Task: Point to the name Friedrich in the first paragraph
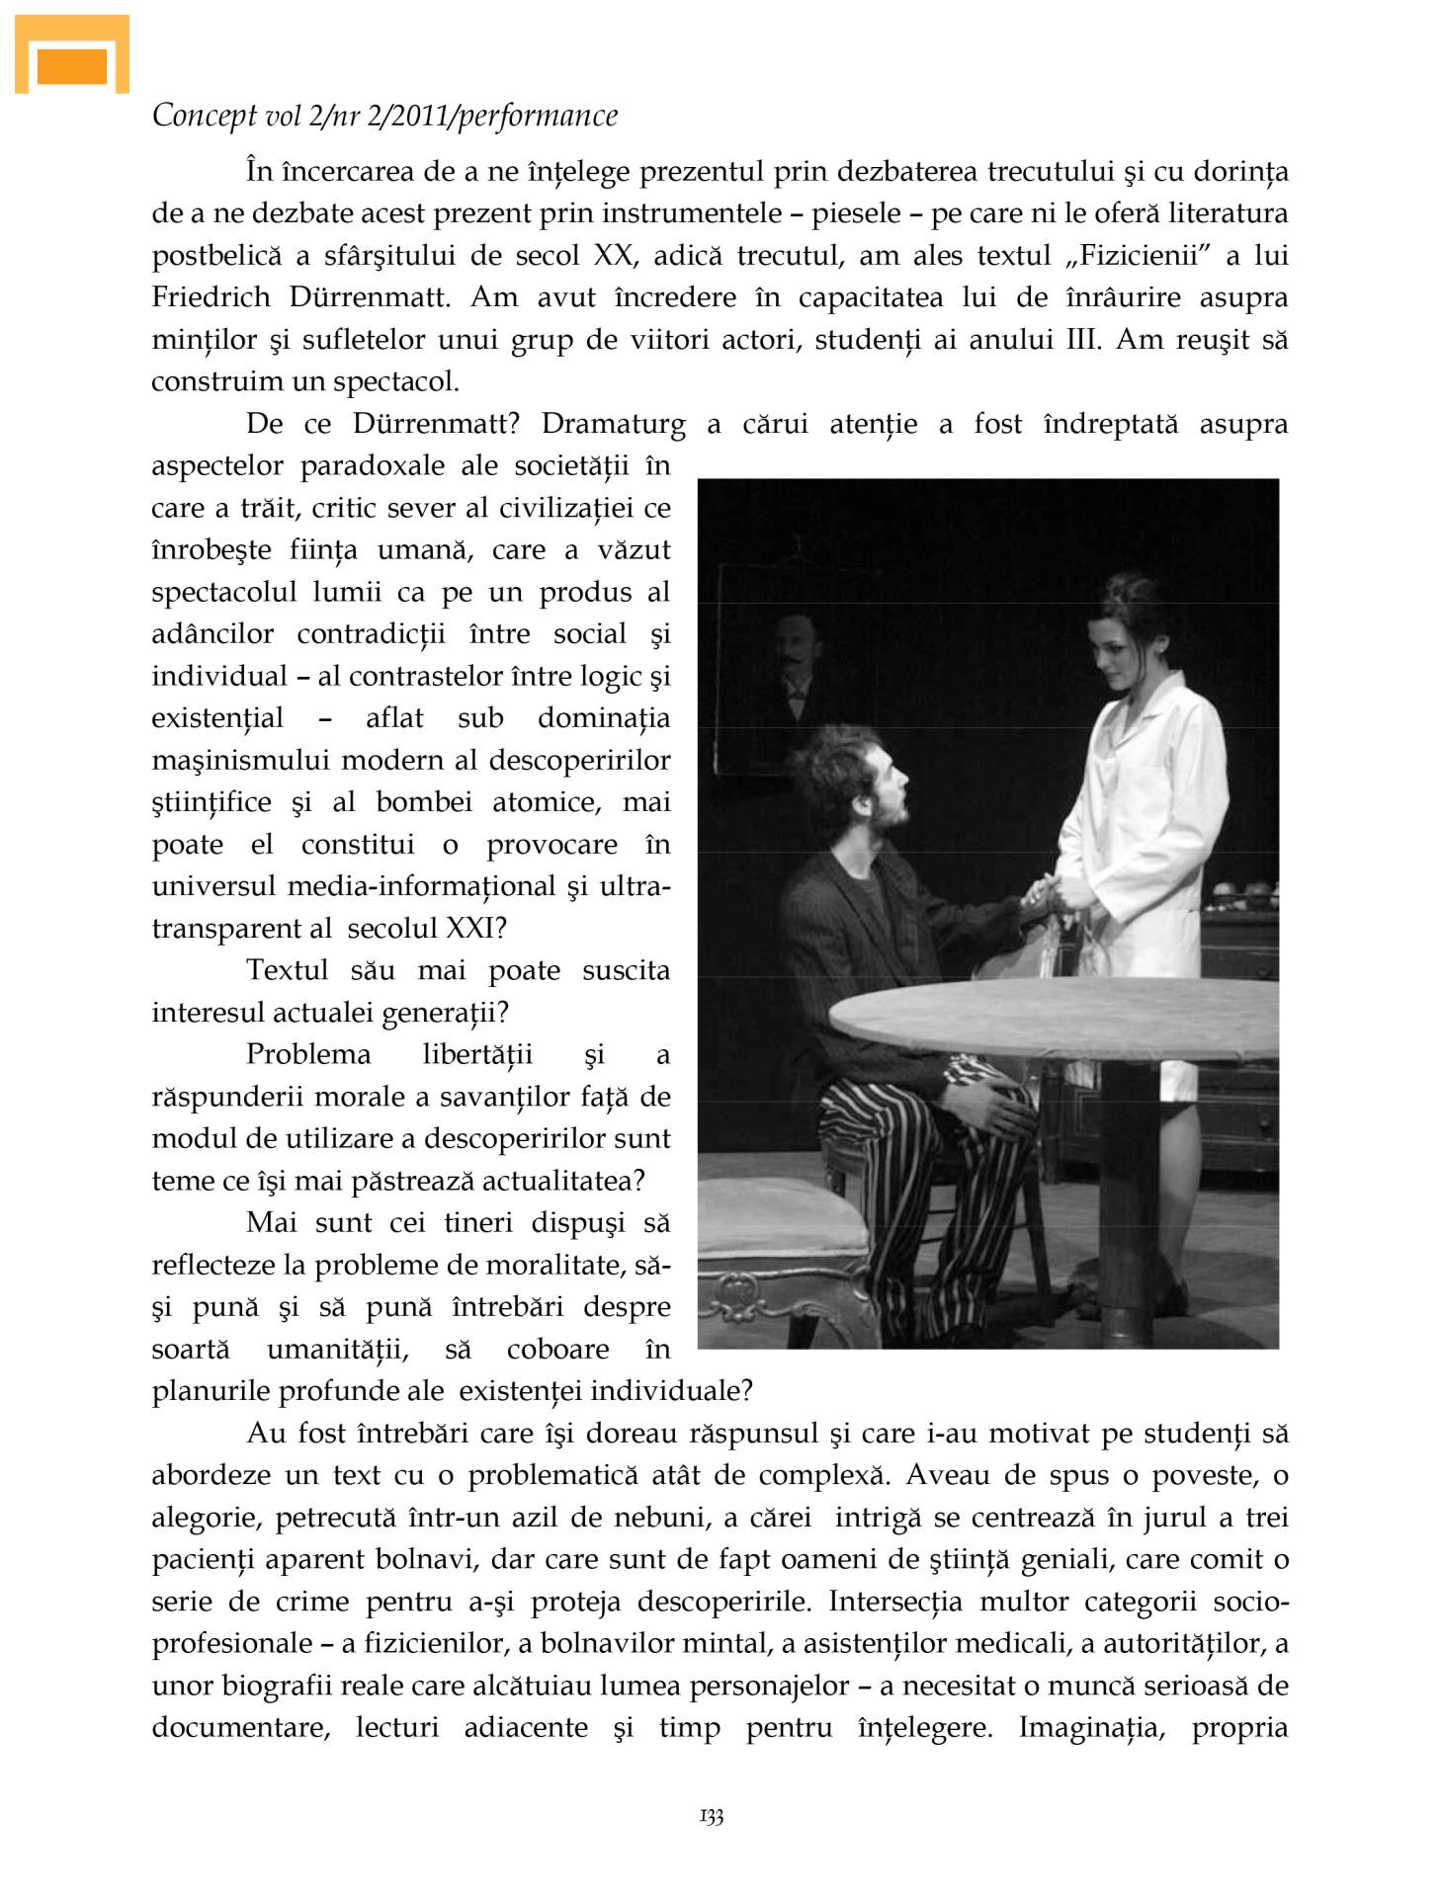[x=211, y=297]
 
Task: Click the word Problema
[x=308, y=1055]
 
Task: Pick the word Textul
[x=288, y=970]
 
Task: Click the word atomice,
[x=547, y=802]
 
